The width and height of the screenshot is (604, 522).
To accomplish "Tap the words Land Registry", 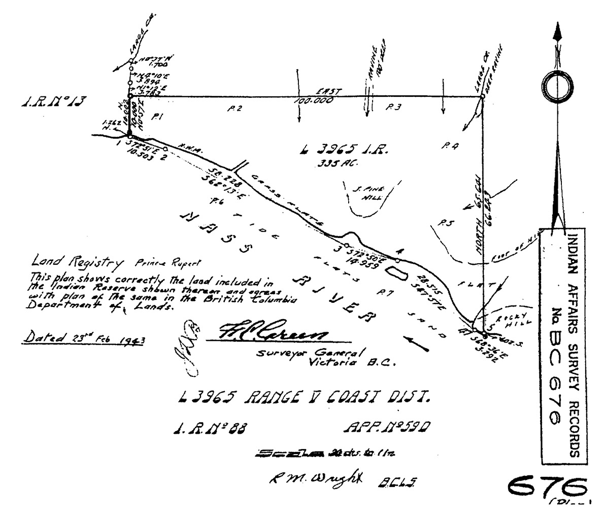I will point(77,262).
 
